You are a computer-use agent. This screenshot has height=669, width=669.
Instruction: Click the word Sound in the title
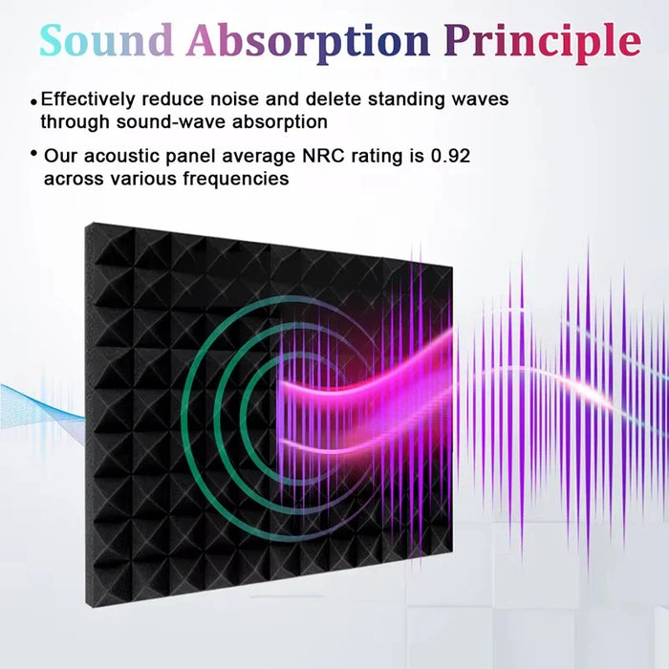tap(106, 40)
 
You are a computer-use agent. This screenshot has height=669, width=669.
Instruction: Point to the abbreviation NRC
tap(330, 156)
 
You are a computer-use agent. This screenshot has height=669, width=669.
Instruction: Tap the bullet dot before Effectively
tap(34, 100)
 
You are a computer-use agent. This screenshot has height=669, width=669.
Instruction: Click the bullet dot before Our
tap(34, 154)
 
